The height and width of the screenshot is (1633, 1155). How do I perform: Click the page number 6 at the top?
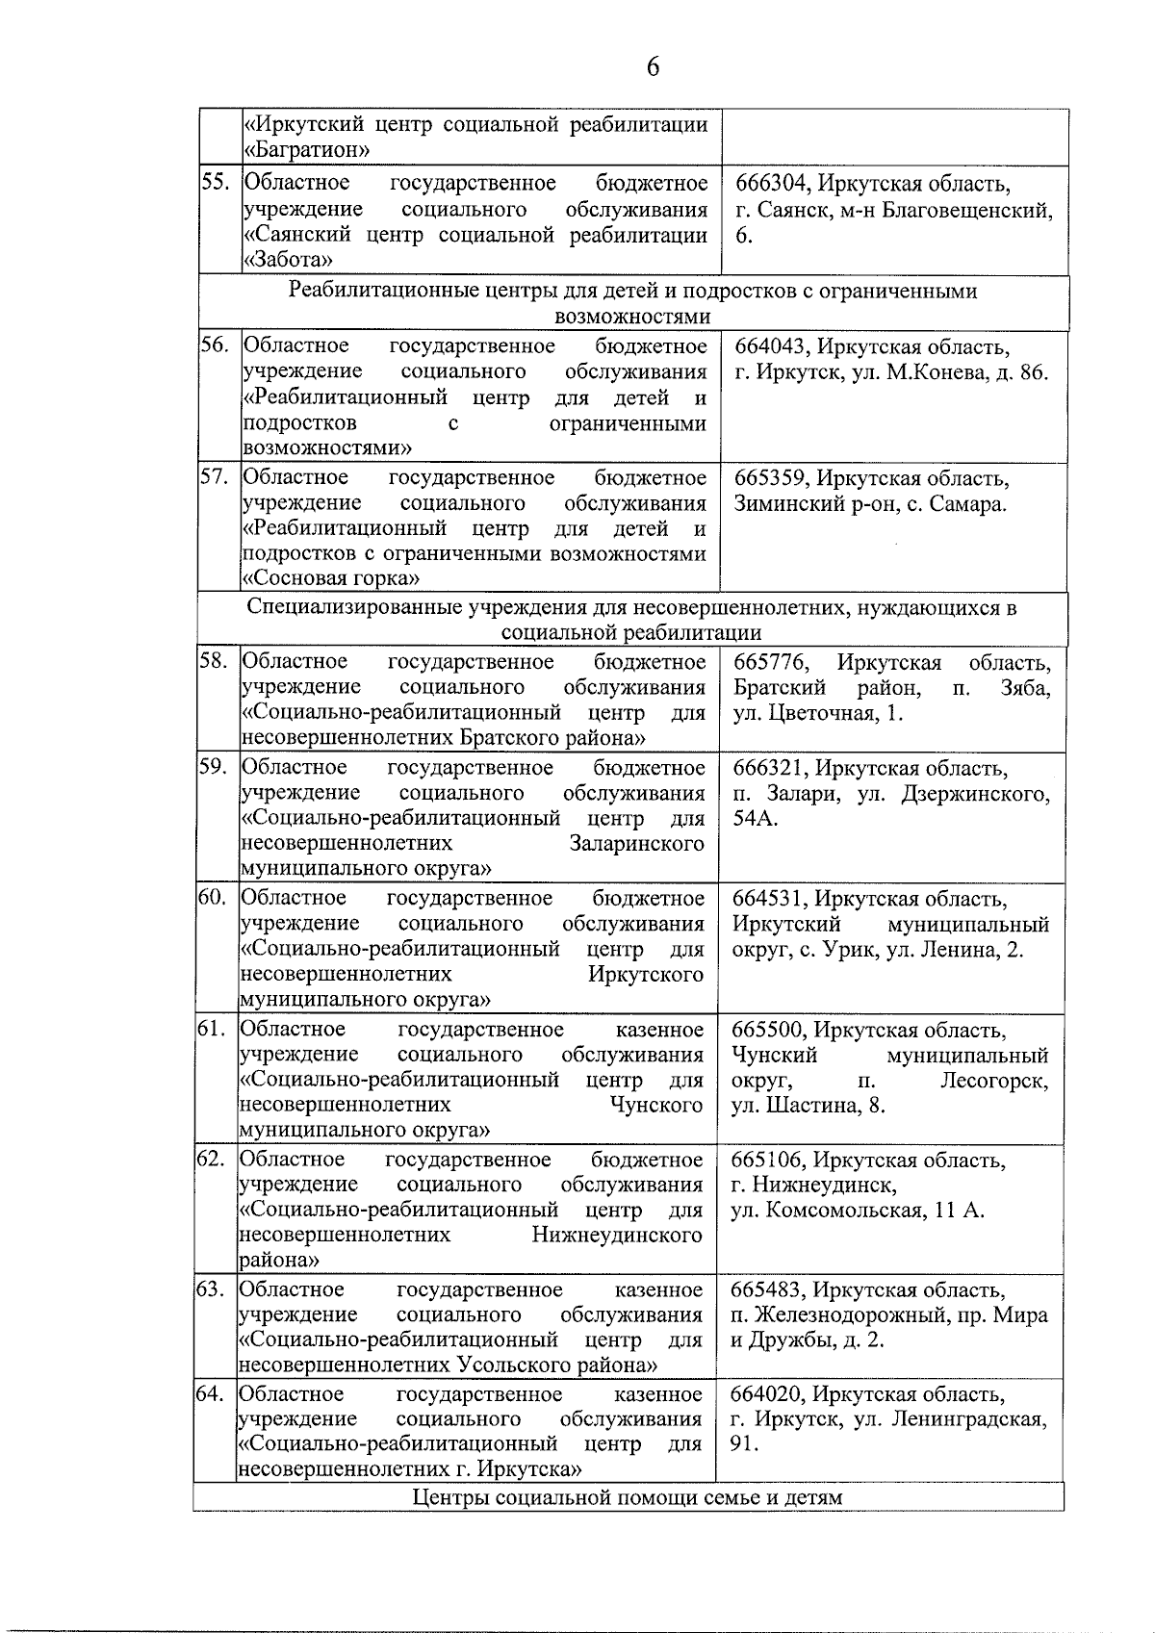coord(653,66)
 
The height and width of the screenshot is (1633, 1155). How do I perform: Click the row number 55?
coord(216,183)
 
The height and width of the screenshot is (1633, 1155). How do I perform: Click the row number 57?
coord(215,477)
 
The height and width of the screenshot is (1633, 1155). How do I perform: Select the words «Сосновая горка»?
coord(331,578)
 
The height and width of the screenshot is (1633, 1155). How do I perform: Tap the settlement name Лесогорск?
coord(994,1081)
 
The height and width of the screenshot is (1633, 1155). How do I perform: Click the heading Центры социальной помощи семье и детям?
coord(628,1497)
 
